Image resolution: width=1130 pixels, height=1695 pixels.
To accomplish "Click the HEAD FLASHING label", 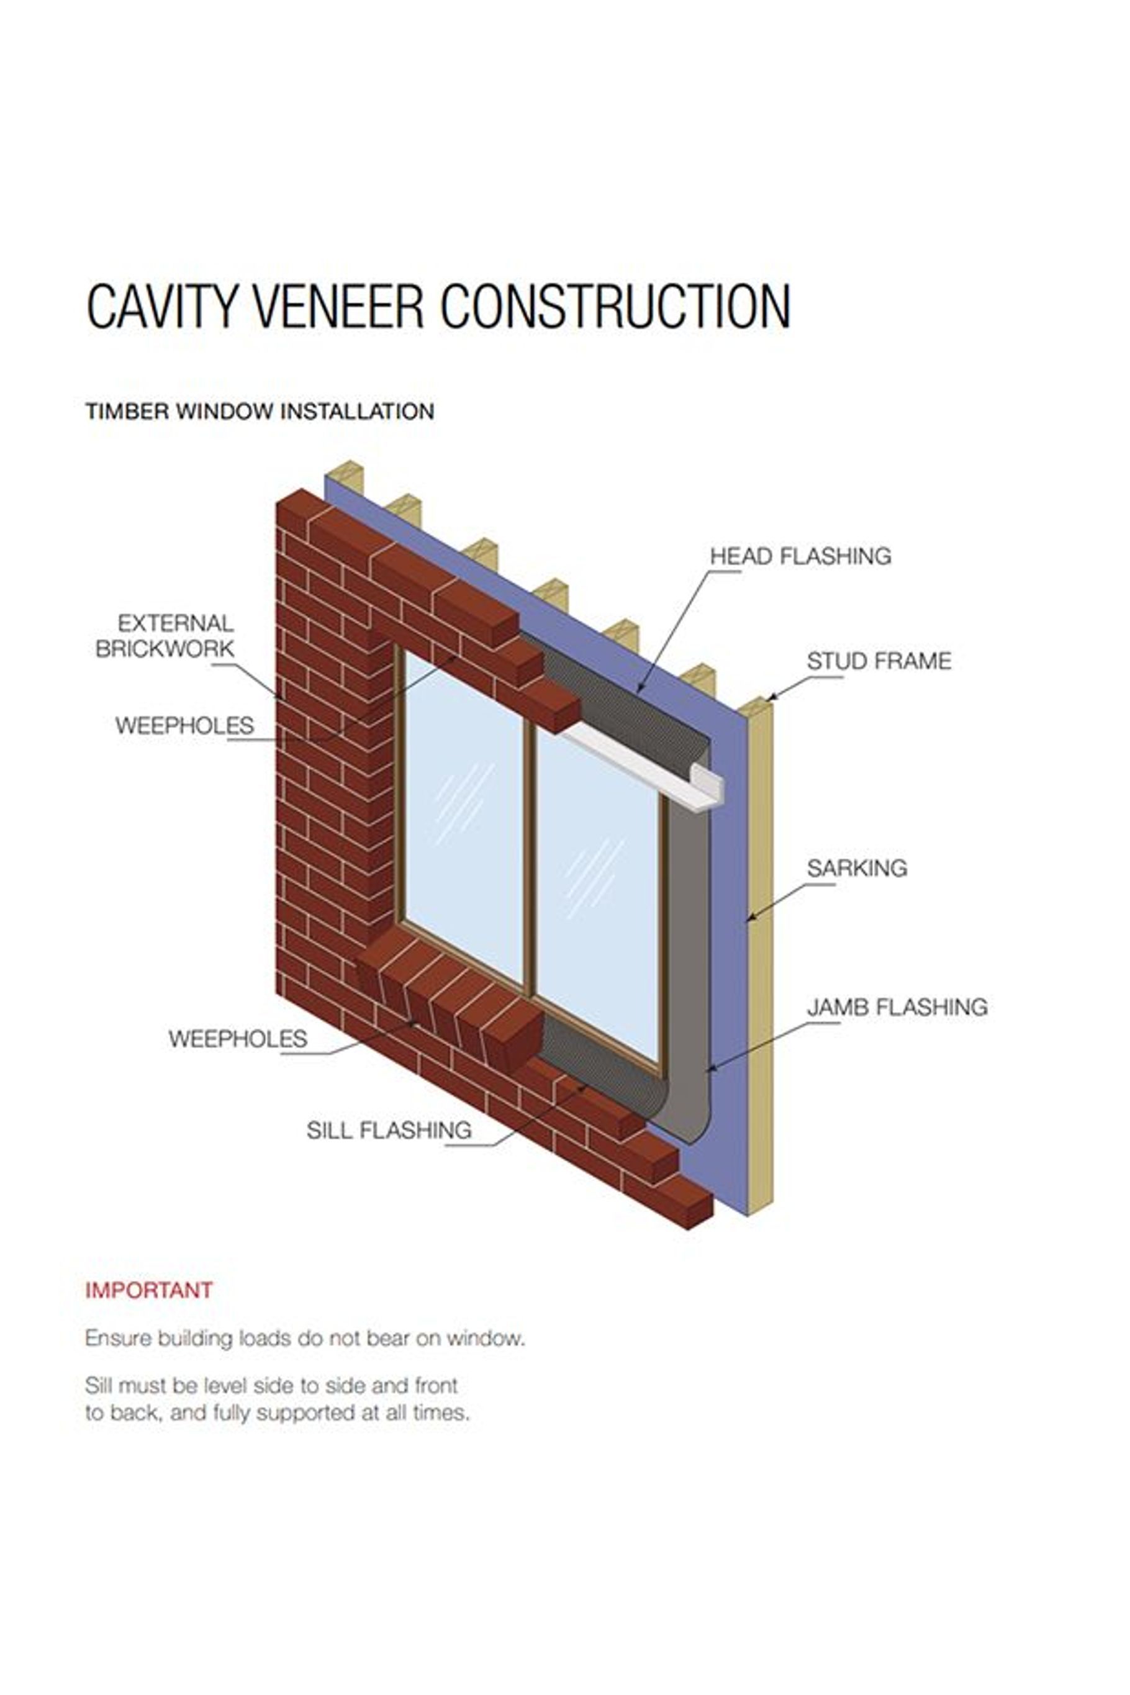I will coord(800,556).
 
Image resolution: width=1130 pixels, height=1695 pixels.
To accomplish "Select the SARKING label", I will coord(856,868).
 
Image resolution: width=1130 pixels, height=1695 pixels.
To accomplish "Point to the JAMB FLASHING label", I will coord(897,1007).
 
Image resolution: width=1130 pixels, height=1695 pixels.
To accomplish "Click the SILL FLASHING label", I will coord(389,1130).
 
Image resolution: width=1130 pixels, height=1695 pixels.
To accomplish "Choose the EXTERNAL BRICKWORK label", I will coord(166,636).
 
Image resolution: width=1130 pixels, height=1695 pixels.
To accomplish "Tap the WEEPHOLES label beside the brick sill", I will coord(238,1039).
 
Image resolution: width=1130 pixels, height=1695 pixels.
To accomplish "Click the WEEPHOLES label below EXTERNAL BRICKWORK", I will coord(184,725).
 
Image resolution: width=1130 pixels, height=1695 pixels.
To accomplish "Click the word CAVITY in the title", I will coord(161,306).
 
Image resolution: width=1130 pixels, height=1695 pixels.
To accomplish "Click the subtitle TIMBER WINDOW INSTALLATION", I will coord(260,412).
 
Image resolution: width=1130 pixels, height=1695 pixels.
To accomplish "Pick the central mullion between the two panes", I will coord(530,857).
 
